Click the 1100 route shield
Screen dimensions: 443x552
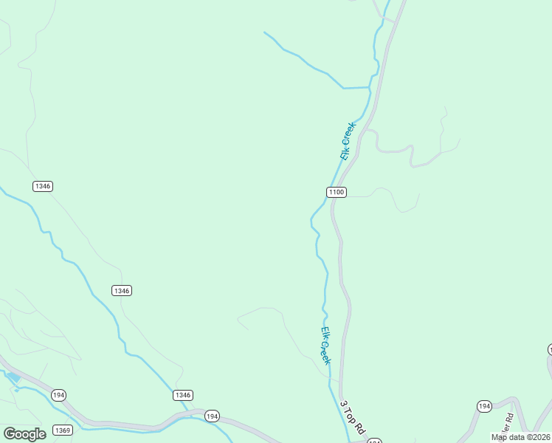(x=336, y=192)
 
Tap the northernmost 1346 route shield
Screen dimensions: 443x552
(x=43, y=186)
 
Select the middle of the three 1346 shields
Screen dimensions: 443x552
(x=122, y=291)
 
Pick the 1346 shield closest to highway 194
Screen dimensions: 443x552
(x=183, y=395)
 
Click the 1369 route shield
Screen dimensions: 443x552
(x=63, y=430)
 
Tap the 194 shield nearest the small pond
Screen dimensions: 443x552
(x=59, y=395)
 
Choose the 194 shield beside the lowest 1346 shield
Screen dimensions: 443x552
(x=212, y=416)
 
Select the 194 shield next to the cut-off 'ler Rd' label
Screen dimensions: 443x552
(x=484, y=406)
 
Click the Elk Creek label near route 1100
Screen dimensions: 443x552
(x=348, y=141)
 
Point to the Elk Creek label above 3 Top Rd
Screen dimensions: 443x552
(x=325, y=345)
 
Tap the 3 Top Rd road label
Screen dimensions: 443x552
(x=353, y=418)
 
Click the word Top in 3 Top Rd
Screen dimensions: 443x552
(x=352, y=417)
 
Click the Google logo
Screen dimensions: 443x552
(x=24, y=433)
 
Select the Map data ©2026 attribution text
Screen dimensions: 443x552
(x=521, y=437)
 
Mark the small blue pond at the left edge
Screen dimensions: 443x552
(x=13, y=377)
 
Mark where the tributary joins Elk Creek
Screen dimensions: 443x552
(x=369, y=88)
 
